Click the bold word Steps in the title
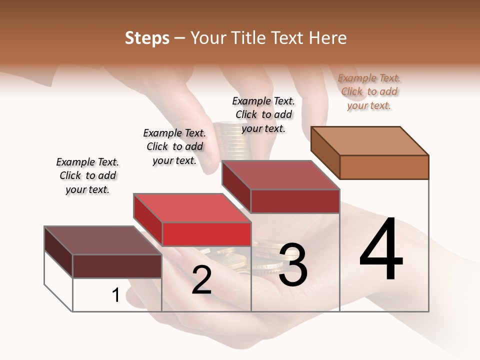click(147, 38)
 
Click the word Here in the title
click(328, 38)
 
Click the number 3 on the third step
click(293, 265)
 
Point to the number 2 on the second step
click(201, 280)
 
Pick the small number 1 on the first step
click(115, 295)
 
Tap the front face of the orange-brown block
click(384, 167)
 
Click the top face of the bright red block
click(192, 207)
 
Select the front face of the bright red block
click(206, 234)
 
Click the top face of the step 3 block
click(280, 175)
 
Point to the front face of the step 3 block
click(295, 201)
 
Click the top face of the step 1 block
click(103, 240)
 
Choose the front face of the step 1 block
click(117, 266)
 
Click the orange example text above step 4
click(369, 91)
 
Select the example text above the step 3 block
click(263, 114)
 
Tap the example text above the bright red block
click(174, 146)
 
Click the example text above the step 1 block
click(87, 175)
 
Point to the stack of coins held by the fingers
click(231, 142)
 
